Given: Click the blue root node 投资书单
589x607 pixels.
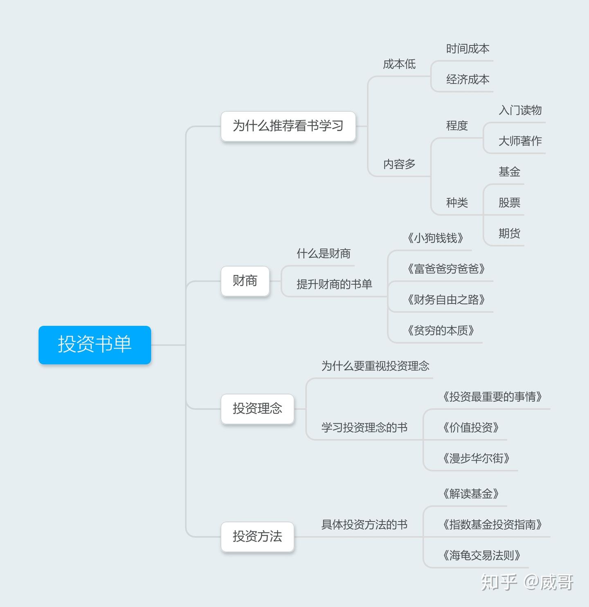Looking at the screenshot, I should click(94, 345).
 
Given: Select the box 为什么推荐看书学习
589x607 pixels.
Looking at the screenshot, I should click(288, 126).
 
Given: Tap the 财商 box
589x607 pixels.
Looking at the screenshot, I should click(245, 281).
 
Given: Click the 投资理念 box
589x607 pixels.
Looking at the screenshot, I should click(257, 408).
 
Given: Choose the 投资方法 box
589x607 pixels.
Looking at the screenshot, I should click(257, 536).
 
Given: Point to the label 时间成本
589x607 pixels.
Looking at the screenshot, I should click(468, 49).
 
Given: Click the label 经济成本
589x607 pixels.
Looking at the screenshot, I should click(468, 80).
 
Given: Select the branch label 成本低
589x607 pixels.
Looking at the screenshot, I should click(399, 64).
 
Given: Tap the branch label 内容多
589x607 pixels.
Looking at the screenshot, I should click(399, 164).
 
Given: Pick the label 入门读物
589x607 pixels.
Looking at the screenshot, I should click(520, 110).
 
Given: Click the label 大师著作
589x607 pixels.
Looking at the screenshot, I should click(520, 141).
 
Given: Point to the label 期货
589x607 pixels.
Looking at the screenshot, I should click(509, 234).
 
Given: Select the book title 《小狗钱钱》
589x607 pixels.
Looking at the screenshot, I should click(435, 238).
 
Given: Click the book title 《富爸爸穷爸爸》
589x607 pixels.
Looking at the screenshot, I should click(446, 269).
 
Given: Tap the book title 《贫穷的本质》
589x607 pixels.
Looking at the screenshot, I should click(441, 331).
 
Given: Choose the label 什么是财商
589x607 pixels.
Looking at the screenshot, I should click(323, 254).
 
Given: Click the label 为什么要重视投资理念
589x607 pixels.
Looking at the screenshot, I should click(375, 366).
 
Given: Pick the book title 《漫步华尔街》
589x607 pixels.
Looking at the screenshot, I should click(476, 459).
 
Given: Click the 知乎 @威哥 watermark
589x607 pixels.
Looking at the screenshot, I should click(527, 582).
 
